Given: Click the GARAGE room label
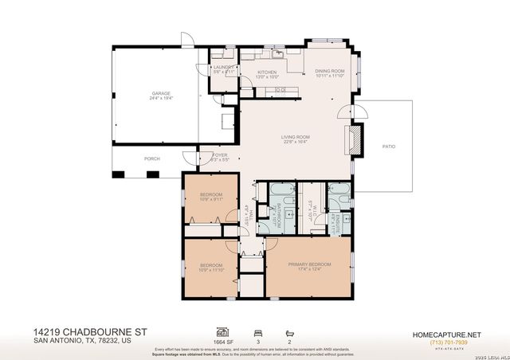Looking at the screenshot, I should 162,93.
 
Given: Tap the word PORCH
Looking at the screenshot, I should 151,158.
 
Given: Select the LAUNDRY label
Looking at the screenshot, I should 223,67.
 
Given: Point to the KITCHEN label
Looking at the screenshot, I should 266,72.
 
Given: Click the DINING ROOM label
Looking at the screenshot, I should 328,70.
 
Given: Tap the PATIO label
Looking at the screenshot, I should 389,146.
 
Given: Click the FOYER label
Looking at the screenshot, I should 220,155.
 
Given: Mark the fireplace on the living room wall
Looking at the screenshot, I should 356,140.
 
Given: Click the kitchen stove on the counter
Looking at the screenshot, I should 280,90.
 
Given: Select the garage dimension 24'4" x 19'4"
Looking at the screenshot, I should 162,98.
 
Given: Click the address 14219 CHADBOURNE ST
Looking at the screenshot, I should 90,329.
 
